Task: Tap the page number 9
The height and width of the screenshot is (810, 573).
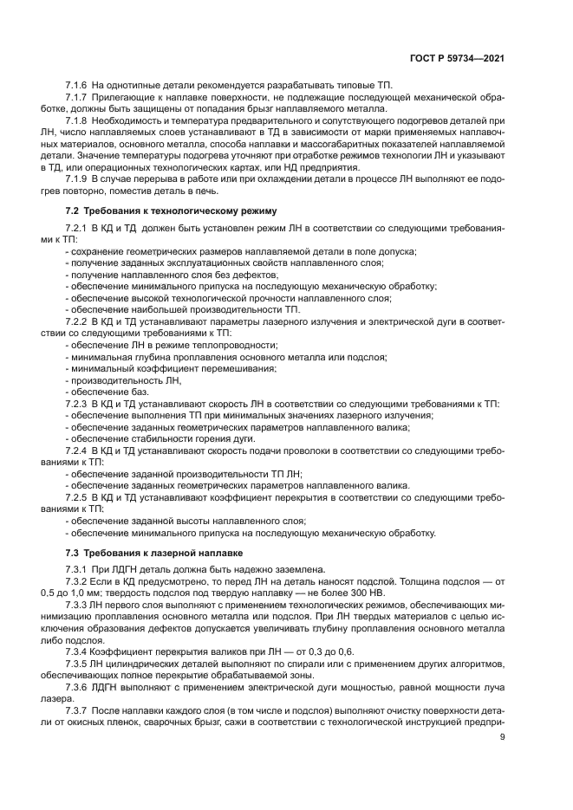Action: pos(503,738)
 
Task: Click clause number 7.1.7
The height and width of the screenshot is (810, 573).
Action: pos(79,100)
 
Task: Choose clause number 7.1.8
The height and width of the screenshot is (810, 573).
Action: pos(79,122)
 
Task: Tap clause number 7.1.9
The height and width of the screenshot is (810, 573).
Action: pos(79,178)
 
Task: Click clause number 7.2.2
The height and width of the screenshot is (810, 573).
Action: pos(79,322)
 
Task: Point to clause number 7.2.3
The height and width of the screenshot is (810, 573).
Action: pos(79,404)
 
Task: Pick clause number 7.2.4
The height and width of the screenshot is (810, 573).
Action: pos(79,450)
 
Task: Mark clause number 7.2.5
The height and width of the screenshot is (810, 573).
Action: pos(79,497)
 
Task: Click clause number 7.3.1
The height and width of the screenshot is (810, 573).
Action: pos(79,567)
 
